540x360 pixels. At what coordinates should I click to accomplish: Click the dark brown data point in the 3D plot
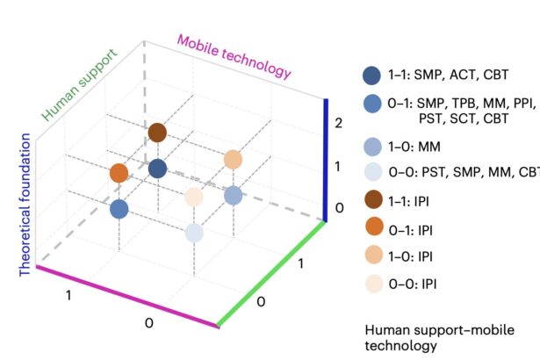(157, 133)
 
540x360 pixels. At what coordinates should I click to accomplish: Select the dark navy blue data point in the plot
(157, 169)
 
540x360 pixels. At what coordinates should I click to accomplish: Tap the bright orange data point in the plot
(119, 173)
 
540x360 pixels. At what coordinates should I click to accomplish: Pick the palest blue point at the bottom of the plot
(194, 233)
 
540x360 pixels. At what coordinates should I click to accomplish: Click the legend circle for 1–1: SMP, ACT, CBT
(371, 76)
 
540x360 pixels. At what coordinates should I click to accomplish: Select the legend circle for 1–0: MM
(371, 147)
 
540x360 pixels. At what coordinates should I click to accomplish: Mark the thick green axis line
(272, 273)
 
